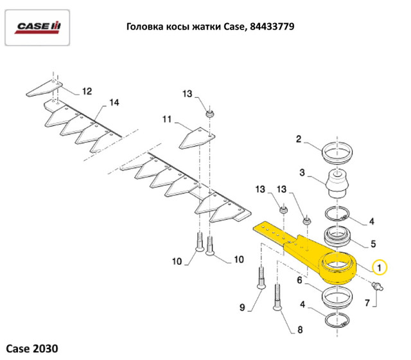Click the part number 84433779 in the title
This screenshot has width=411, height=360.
point(268,27)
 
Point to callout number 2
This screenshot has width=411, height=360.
point(299,138)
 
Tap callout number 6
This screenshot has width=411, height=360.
point(300,280)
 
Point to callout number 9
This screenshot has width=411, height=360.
point(243,307)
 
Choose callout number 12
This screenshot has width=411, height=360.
point(87,91)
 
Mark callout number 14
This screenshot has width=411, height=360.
point(114,103)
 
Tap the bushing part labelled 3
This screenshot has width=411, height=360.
point(337,183)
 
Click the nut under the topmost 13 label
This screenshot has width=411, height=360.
point(210,114)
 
